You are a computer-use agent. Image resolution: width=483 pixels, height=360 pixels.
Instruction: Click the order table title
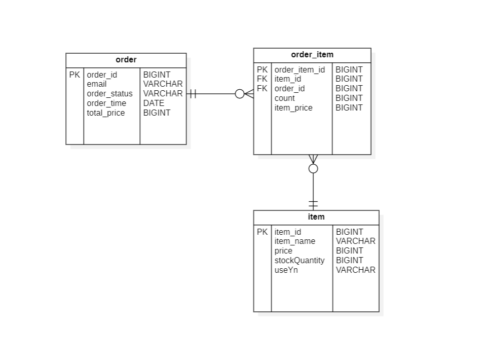(x=126, y=60)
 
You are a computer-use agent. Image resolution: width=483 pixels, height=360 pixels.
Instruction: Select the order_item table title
(x=312, y=55)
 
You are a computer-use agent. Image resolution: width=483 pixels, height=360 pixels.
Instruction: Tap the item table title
(x=316, y=217)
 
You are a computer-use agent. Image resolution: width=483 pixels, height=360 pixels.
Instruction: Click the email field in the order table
(x=96, y=84)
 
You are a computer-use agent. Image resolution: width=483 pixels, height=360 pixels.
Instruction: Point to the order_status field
(x=109, y=94)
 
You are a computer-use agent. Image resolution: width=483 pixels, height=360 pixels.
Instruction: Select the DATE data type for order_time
(x=154, y=103)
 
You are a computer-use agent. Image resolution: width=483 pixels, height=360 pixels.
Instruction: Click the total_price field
(x=105, y=113)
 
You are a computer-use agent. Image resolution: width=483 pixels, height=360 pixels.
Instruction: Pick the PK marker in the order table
(x=75, y=75)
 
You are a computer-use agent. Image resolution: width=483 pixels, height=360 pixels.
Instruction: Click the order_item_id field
(x=300, y=70)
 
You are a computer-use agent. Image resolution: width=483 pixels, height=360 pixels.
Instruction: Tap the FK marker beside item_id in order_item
(x=262, y=79)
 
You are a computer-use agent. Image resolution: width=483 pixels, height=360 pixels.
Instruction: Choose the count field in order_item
(x=284, y=98)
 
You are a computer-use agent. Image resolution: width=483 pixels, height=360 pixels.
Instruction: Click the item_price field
(x=293, y=108)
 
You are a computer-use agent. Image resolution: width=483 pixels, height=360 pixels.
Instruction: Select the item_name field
(x=294, y=241)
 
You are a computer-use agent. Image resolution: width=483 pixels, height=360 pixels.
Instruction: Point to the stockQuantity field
(x=299, y=261)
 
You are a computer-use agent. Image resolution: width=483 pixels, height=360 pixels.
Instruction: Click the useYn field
(x=286, y=270)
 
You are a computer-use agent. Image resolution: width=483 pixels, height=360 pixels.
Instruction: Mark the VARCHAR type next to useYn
(x=355, y=270)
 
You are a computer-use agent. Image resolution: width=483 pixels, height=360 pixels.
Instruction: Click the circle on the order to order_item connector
(x=240, y=94)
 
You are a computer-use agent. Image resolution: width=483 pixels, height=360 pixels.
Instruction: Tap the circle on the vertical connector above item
(x=313, y=168)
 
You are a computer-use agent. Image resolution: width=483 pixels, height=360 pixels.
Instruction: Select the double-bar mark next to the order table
(x=193, y=94)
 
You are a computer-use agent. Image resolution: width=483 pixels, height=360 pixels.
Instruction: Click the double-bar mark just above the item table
(x=313, y=204)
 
